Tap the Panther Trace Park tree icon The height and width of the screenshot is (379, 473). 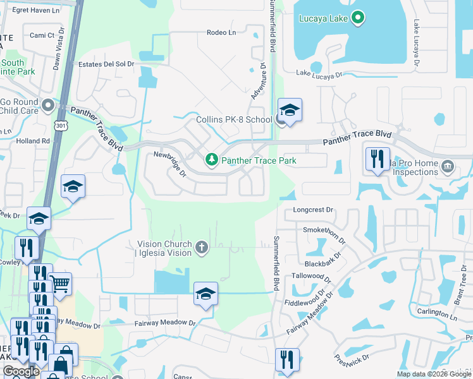pos(211,160)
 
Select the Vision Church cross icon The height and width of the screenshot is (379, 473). pos(202,247)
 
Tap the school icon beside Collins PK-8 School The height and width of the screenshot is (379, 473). pos(290,111)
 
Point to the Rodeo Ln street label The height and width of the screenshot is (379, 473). pos(221,33)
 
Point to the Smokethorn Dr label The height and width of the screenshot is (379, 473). pos(325,234)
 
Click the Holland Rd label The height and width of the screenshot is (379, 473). pos(33,141)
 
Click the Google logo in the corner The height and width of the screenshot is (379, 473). pos(21,371)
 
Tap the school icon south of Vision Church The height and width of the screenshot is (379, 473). pos(206,294)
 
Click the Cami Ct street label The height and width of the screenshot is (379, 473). pos(42,35)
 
